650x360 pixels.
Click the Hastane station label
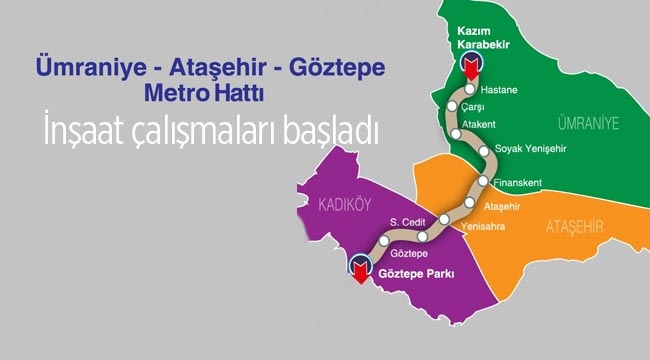(x=499, y=89)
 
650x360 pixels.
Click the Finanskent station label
(x=519, y=184)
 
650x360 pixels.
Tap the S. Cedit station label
(x=406, y=220)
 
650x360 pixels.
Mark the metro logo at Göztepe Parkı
(x=362, y=265)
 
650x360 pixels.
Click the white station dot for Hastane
(x=469, y=88)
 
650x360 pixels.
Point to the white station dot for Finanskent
(x=484, y=182)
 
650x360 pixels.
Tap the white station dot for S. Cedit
(x=422, y=236)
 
